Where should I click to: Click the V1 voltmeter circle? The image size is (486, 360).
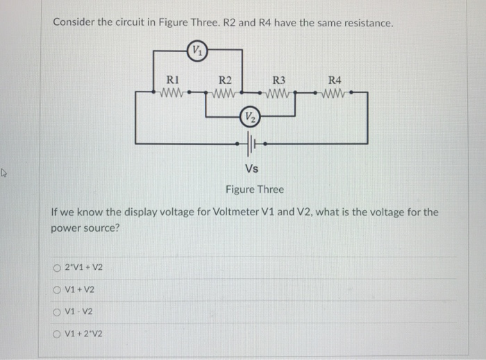[x=198, y=50]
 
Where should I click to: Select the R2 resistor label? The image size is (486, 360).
[x=225, y=80]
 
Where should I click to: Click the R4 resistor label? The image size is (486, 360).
[x=335, y=80]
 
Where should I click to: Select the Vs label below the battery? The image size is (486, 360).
[x=251, y=169]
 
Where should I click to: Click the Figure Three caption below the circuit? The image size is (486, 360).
[x=254, y=189]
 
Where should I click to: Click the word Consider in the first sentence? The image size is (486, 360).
[x=74, y=22]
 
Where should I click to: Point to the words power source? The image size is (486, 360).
[x=85, y=227]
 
